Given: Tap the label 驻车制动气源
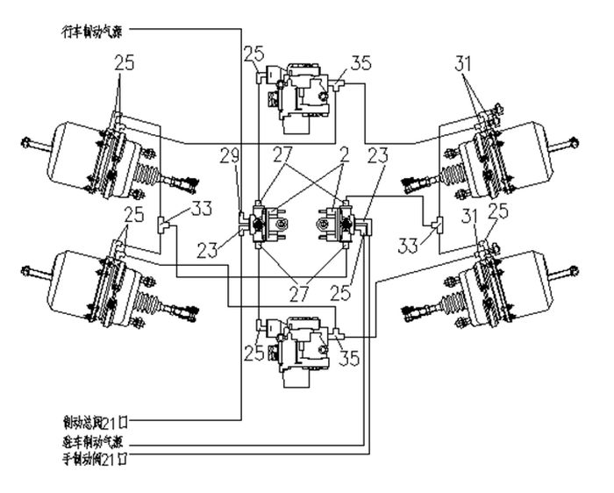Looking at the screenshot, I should [x=91, y=440].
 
